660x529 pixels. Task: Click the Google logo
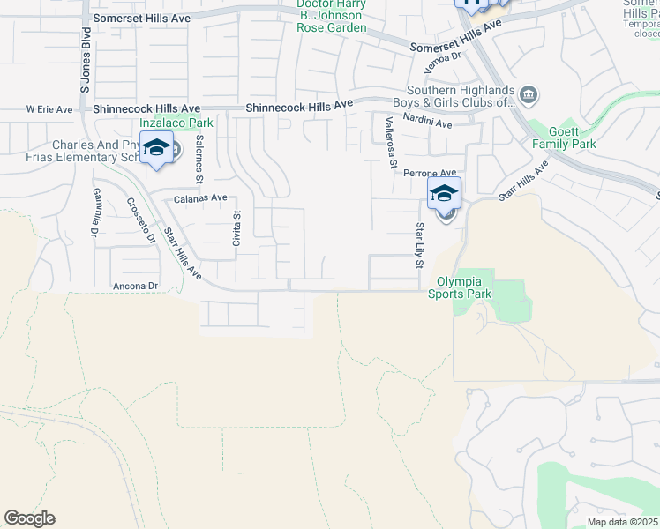[29, 518]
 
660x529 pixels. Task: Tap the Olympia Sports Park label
[460, 287]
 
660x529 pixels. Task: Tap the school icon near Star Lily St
[444, 193]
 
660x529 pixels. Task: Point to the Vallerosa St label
[387, 139]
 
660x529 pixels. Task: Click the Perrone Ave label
[430, 174]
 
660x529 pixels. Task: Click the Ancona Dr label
[135, 286]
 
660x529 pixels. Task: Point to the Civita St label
[236, 228]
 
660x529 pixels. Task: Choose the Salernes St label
[200, 158]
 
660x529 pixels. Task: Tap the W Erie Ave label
[49, 109]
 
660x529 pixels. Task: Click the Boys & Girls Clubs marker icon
[528, 94]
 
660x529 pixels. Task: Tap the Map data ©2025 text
[621, 522]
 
